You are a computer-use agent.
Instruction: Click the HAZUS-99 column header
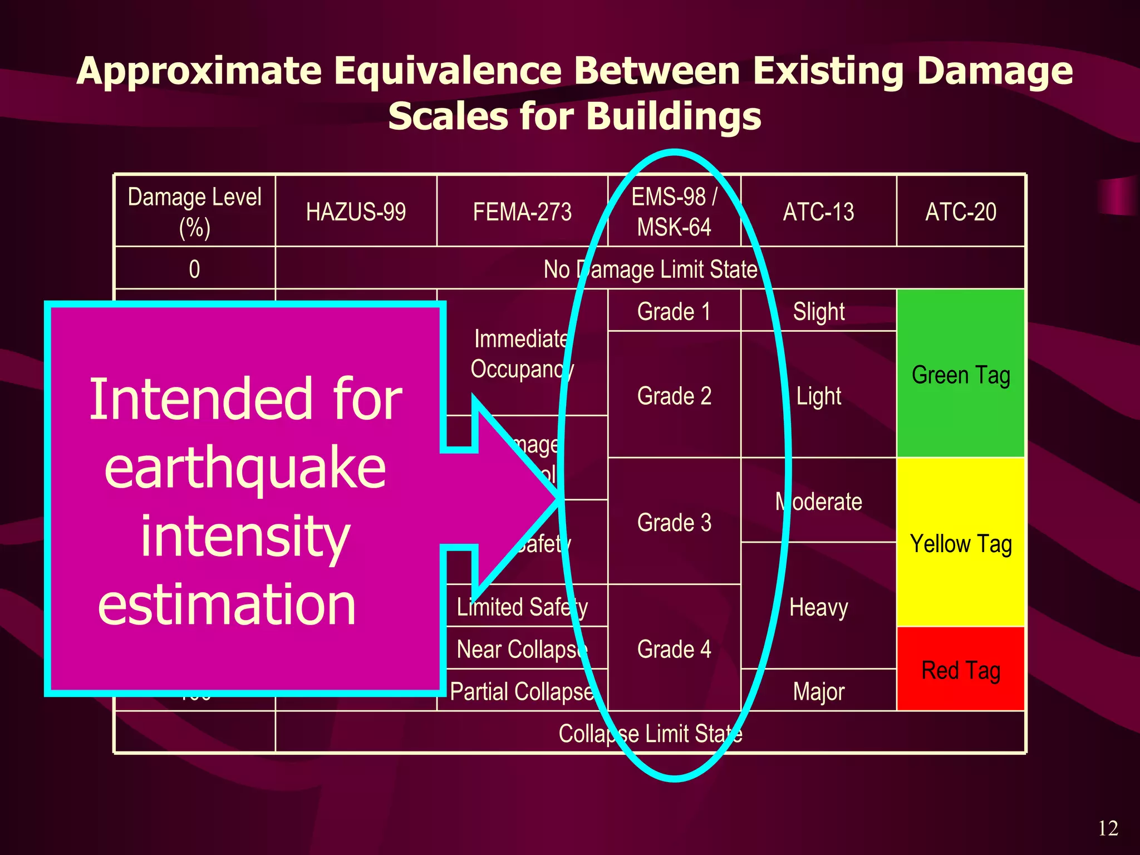356,212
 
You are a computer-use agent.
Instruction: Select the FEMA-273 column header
522,212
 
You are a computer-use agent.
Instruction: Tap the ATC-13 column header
818,212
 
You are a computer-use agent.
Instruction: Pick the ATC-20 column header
961,212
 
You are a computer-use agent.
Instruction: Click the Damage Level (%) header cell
194,212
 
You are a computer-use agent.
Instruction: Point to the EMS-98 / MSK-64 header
674,212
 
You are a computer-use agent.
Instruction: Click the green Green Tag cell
961,375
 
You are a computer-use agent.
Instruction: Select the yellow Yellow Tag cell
961,543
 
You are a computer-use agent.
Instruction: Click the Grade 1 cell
674,311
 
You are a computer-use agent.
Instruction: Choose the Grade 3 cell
674,522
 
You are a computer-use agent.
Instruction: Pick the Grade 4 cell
674,649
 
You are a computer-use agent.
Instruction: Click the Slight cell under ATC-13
818,311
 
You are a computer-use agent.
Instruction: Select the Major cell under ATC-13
818,691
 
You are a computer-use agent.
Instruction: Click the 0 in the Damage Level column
194,269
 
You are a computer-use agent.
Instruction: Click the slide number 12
1108,828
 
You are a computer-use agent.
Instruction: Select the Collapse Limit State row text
650,734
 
